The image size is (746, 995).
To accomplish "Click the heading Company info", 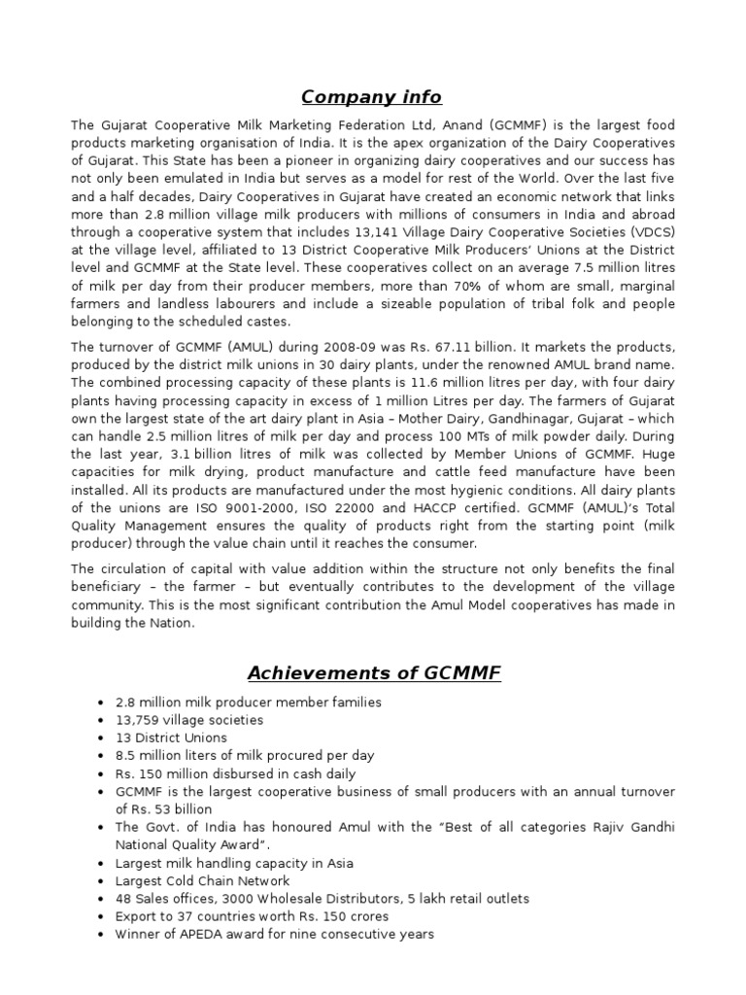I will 371,97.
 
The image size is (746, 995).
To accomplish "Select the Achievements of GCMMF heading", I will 374,672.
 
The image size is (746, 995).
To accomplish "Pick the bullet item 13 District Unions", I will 171,738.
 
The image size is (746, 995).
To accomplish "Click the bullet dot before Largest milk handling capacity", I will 102,863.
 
